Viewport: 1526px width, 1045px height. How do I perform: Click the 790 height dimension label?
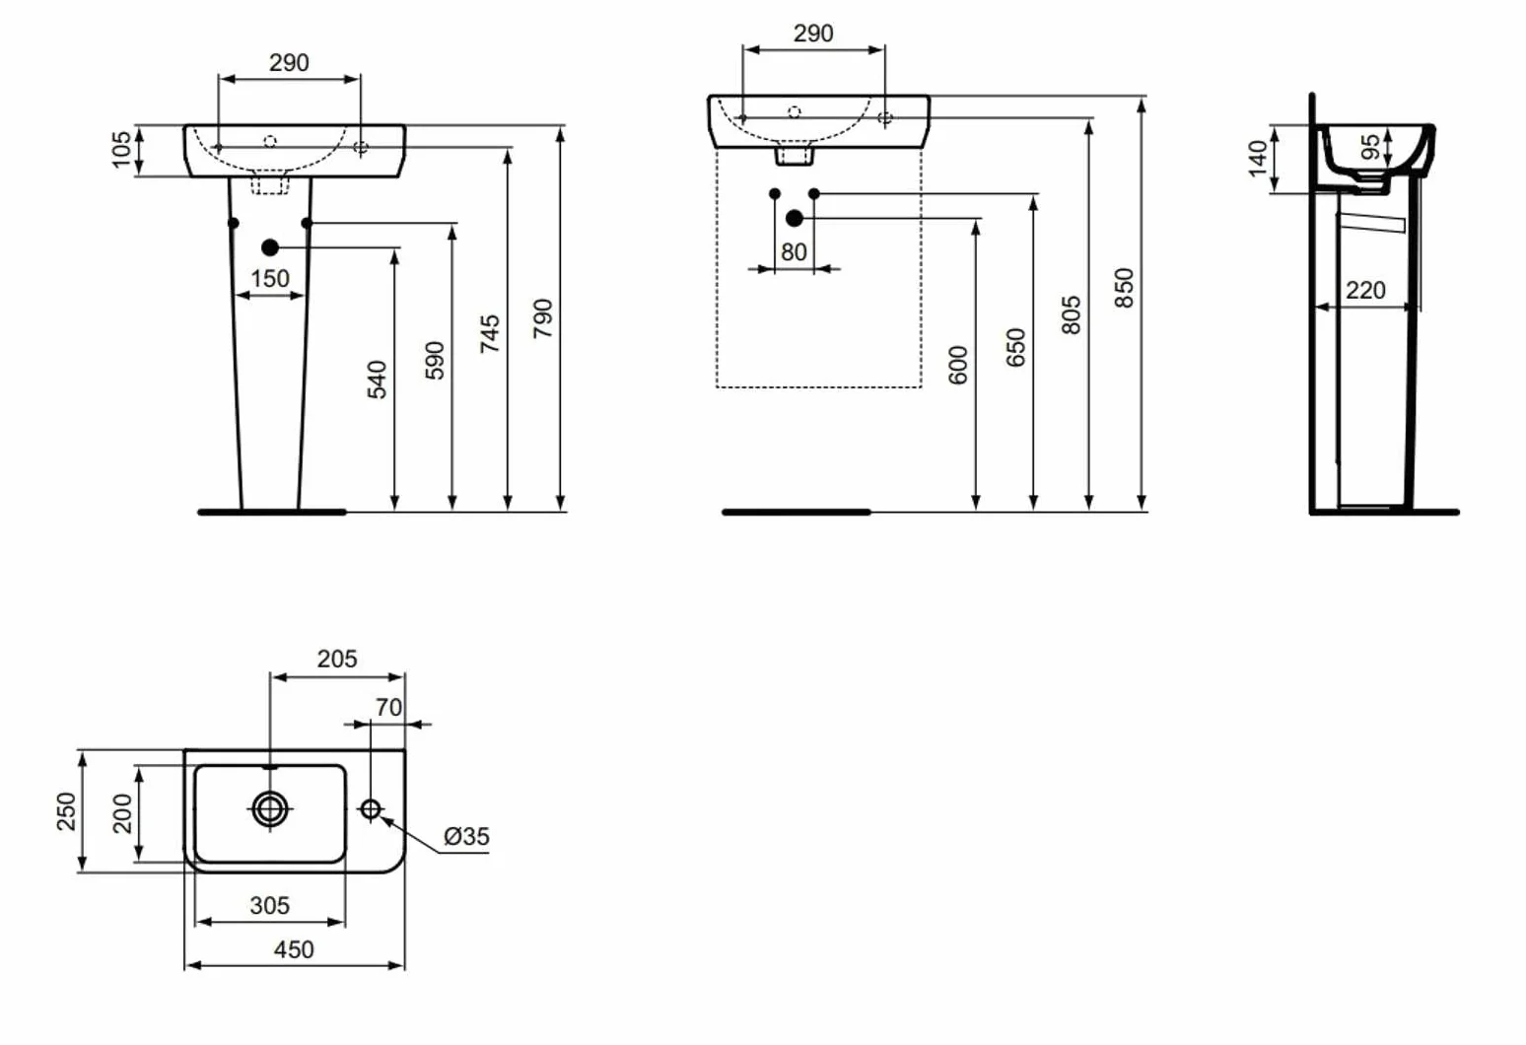coord(543,318)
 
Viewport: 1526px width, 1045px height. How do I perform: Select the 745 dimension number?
coord(490,334)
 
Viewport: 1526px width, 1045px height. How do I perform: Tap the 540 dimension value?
coord(377,380)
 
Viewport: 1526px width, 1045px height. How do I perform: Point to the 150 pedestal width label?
coord(270,278)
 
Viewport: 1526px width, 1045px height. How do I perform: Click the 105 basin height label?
coord(120,149)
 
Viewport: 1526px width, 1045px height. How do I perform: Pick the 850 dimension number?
coord(1124,288)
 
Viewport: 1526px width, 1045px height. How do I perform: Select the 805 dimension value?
coord(1071,314)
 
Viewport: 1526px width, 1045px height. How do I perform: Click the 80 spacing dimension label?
coord(794,252)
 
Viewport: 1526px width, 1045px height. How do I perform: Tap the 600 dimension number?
coord(958,365)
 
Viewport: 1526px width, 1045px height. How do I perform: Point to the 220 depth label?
coord(1365,290)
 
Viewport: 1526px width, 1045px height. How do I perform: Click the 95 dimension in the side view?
coord(1370,147)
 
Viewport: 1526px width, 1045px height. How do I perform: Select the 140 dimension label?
coord(1258,159)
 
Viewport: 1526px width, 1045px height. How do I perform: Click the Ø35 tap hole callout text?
coord(466,836)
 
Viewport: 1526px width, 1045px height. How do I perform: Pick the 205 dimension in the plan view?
coord(336,659)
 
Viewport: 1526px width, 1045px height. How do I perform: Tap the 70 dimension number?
coord(388,707)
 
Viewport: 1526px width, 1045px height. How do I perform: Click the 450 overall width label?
coord(294,949)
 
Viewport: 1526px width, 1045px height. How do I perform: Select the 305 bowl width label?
coord(270,905)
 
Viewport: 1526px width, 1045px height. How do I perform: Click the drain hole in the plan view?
coord(270,809)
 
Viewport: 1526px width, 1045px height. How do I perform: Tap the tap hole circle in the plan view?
coord(371,809)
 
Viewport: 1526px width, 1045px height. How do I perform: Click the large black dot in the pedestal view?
coord(270,247)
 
